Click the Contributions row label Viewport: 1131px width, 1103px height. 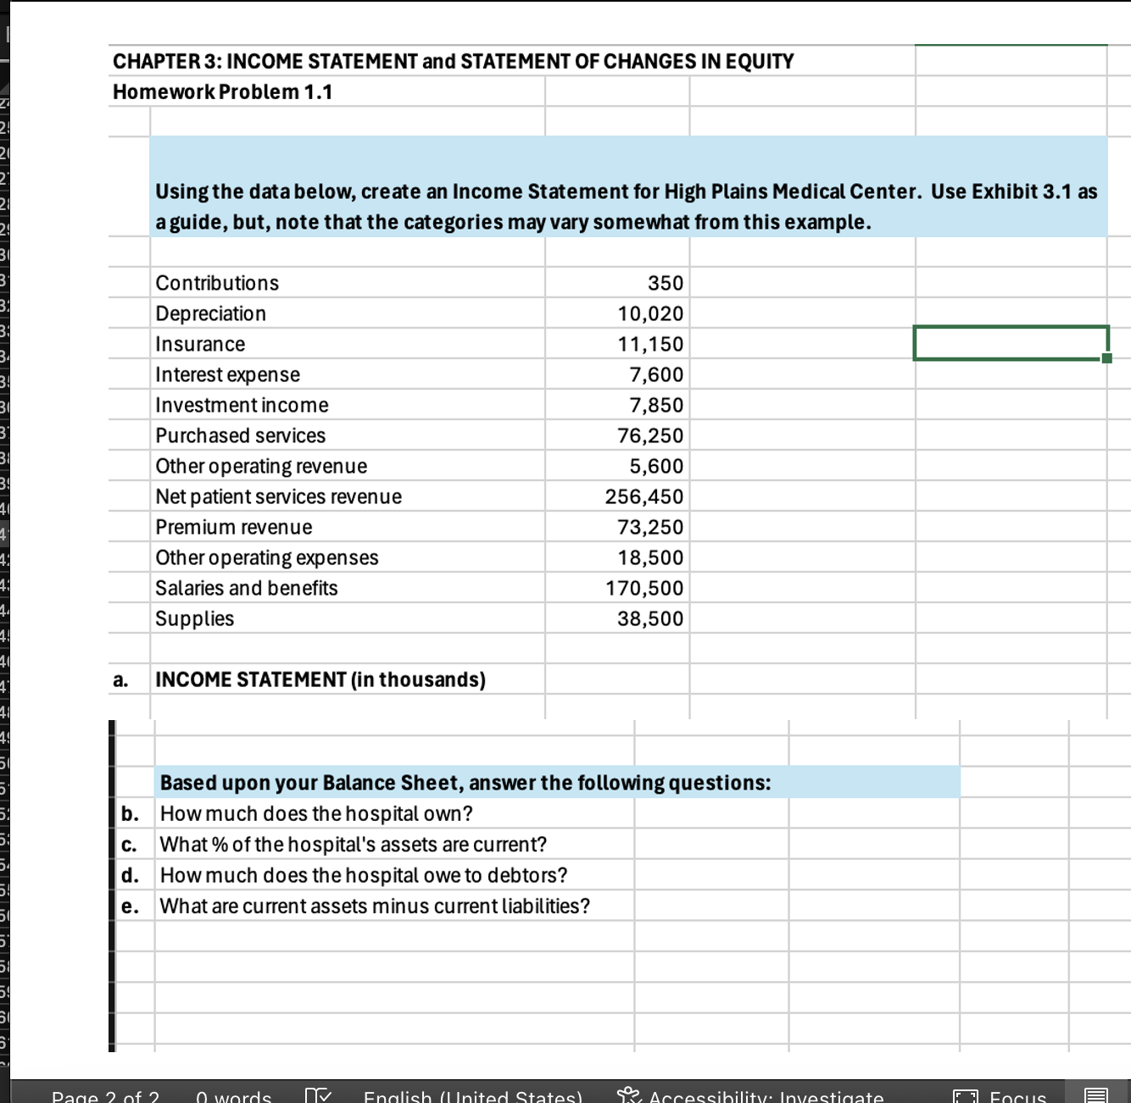pos(217,283)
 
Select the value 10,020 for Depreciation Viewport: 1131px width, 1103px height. pos(649,313)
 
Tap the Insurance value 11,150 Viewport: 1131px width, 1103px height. pos(649,344)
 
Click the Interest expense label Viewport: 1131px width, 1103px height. pos(227,374)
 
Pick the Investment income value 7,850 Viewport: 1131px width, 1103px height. pos(655,405)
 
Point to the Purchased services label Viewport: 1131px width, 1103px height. pos(240,435)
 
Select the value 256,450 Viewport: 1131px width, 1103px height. pos(643,496)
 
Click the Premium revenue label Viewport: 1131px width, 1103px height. pos(233,527)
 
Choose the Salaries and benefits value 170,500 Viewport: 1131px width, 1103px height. pos(643,588)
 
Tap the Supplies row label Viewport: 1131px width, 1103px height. pos(194,618)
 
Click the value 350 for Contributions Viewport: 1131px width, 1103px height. pos(665,283)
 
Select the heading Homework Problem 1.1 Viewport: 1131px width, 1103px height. pos(222,91)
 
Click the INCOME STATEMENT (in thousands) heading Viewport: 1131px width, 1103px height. pos(320,679)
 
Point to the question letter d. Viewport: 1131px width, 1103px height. pos(130,875)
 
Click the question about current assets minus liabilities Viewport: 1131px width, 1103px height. pos(375,906)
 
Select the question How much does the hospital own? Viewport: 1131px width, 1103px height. pos(316,813)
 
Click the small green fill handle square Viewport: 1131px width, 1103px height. pos(1106,358)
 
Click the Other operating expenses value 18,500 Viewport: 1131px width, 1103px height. pos(649,557)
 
